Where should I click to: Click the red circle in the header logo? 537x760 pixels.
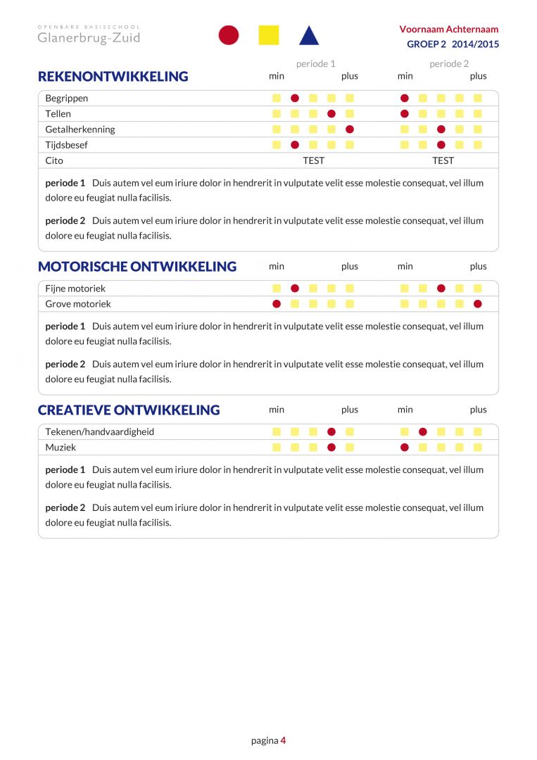pyautogui.click(x=229, y=35)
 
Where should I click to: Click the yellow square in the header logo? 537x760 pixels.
pyautogui.click(x=269, y=35)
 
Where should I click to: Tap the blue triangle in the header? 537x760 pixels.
pyautogui.click(x=309, y=36)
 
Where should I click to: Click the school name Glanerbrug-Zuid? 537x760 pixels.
pyautogui.click(x=89, y=38)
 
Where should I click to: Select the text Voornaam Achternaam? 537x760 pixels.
pyautogui.click(x=448, y=30)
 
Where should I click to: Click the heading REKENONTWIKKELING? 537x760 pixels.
pyautogui.click(x=113, y=77)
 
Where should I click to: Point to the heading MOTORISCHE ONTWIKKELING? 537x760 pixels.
pyautogui.click(x=137, y=267)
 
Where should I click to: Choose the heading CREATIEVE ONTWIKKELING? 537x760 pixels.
pyautogui.click(x=129, y=410)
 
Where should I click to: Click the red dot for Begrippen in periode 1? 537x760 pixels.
pyautogui.click(x=295, y=99)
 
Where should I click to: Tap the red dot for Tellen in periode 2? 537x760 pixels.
pyautogui.click(x=405, y=114)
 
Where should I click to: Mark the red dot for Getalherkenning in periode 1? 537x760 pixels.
pyautogui.click(x=350, y=129)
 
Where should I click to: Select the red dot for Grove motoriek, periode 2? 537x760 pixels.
pyautogui.click(x=478, y=304)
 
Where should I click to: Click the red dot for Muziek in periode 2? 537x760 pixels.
pyautogui.click(x=405, y=448)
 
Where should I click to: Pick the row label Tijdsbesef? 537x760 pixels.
pyautogui.click(x=67, y=145)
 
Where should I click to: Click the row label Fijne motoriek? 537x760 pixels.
pyautogui.click(x=75, y=289)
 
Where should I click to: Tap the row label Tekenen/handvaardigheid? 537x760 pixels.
pyautogui.click(x=100, y=432)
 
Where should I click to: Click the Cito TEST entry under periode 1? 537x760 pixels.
pyautogui.click(x=313, y=160)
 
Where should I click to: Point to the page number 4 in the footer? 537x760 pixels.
pyautogui.click(x=283, y=740)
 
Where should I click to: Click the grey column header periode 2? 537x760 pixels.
pyautogui.click(x=449, y=64)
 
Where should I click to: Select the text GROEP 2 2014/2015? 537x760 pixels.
pyautogui.click(x=453, y=44)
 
